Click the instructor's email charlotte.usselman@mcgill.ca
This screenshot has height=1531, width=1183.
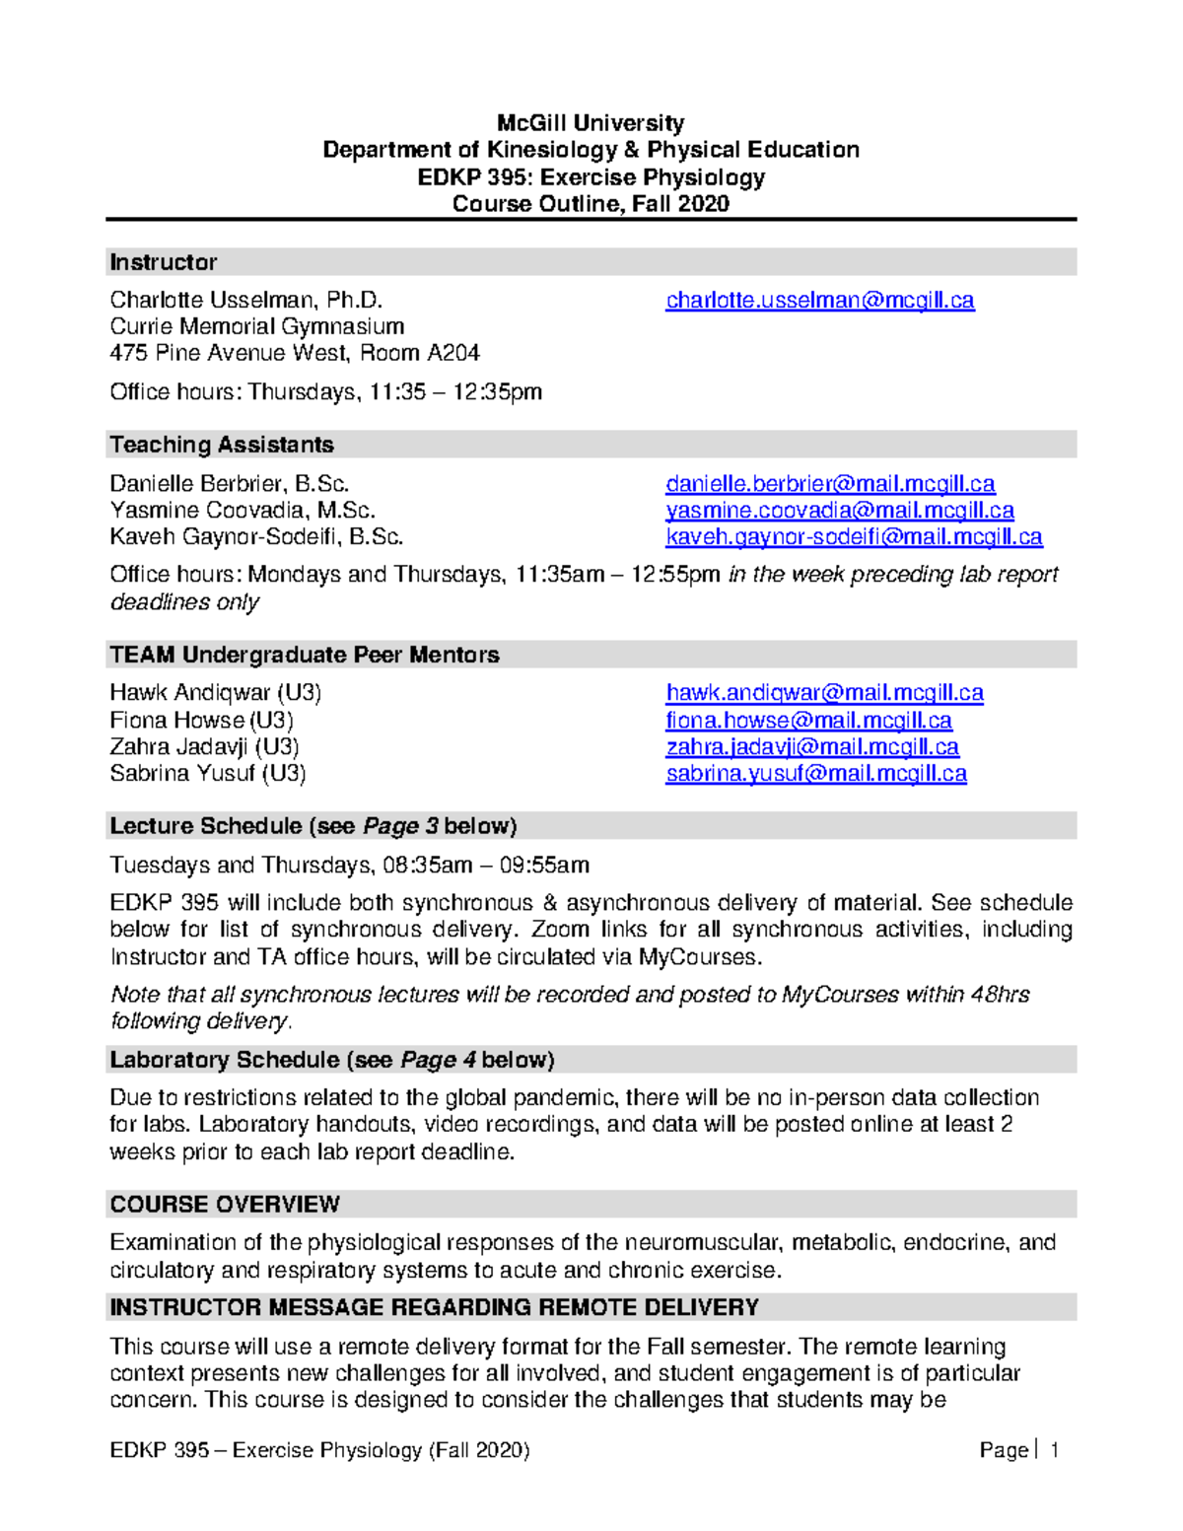(819, 301)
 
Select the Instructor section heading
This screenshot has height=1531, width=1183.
(164, 262)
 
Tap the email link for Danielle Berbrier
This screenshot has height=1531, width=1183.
(830, 484)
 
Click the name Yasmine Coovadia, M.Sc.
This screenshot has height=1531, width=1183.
(243, 511)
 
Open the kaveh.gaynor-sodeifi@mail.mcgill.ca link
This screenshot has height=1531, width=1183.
(854, 537)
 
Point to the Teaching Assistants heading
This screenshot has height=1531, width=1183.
(222, 445)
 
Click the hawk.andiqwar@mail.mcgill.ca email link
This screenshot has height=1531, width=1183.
(824, 693)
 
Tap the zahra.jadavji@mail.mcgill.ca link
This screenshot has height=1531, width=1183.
(812, 747)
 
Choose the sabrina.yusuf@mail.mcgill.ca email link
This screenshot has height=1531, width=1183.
(816, 774)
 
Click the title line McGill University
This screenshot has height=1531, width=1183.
(591, 123)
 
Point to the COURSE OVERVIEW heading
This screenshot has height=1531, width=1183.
(225, 1205)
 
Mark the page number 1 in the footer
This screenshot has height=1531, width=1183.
(1054, 1450)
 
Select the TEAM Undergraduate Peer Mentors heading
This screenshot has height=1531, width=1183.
(305, 655)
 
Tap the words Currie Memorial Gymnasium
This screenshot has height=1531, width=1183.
(257, 326)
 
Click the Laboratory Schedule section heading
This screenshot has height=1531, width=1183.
(332, 1060)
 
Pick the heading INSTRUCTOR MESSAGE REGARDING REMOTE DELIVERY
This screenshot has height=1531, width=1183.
(435, 1308)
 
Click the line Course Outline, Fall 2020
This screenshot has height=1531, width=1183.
(591, 204)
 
